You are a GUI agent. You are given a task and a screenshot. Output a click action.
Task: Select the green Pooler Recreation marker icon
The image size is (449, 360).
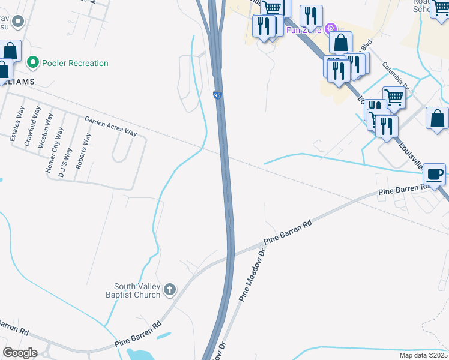coord(34,62)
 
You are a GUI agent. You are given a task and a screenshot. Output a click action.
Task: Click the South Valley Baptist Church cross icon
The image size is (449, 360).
coord(170,290)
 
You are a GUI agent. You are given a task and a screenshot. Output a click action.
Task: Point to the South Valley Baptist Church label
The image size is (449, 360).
coord(138,290)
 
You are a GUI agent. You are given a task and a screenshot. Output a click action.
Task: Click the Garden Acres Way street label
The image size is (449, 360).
coord(110,126)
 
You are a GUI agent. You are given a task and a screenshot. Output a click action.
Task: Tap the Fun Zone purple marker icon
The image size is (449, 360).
coord(330,29)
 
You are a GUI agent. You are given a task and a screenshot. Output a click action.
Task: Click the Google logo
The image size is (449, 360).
coord(20,353)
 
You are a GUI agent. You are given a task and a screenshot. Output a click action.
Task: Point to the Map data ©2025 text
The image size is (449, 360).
coord(423,355)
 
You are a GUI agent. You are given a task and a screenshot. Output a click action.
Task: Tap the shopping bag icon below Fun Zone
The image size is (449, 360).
coord(340,43)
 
